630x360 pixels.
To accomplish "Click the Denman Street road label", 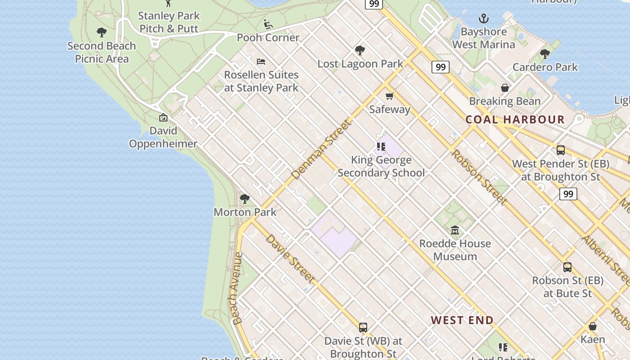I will click(320, 149).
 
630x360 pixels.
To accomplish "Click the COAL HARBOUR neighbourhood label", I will click(514, 120).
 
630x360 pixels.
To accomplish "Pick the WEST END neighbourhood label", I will click(462, 320).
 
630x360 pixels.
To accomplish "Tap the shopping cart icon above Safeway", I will click(390, 96).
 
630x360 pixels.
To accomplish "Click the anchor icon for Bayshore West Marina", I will click(484, 18).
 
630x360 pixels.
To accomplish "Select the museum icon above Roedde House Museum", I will click(455, 230).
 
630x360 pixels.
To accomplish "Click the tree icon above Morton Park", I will click(245, 198).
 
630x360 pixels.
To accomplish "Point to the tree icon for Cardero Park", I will click(545, 54).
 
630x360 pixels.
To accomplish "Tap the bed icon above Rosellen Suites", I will click(261, 62).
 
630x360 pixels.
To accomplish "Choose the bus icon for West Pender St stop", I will click(561, 150).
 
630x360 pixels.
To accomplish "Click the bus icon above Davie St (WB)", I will click(363, 328).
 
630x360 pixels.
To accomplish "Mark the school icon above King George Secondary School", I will click(381, 147).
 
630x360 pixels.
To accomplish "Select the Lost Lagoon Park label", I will click(360, 64).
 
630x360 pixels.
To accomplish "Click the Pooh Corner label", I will click(268, 37).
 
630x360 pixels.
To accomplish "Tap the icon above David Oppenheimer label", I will click(163, 117).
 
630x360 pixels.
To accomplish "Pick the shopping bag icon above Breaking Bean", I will click(505, 88).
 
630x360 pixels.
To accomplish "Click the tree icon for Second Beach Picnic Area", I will click(102, 32).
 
